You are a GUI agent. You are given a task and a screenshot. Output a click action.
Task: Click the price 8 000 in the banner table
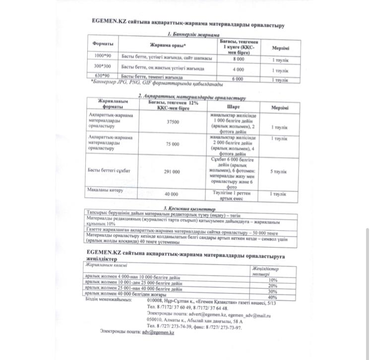click(x=238, y=59)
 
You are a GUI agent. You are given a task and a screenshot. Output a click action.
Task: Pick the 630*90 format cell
click(x=103, y=76)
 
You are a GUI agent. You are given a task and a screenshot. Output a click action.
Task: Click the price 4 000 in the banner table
click(x=238, y=69)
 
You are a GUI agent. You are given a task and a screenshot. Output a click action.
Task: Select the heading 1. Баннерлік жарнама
click(x=193, y=34)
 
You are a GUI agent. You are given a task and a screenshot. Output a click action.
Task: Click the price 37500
click(x=173, y=121)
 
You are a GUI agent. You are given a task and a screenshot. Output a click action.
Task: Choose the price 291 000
click(x=172, y=172)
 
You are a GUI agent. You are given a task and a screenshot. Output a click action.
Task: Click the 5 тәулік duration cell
click(x=278, y=172)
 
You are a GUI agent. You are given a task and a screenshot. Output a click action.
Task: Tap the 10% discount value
click(x=272, y=280)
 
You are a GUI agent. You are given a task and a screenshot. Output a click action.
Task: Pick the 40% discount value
click(x=272, y=297)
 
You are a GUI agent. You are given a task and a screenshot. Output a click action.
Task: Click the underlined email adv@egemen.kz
click(x=158, y=333)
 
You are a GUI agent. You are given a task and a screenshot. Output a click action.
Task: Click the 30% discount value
click(x=272, y=291)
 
